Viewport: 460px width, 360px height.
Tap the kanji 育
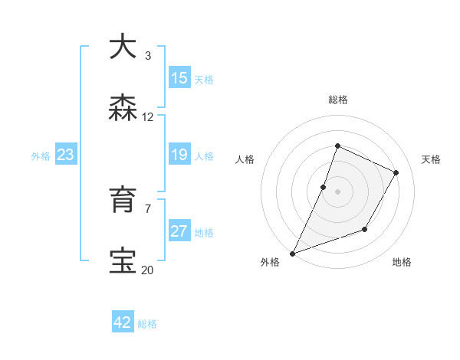(123, 199)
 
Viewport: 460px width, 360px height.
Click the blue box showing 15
(179, 78)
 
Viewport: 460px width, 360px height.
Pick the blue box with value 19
(179, 155)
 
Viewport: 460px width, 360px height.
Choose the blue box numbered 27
(179, 231)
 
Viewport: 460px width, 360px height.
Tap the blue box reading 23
(65, 155)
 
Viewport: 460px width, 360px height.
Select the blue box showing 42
(123, 322)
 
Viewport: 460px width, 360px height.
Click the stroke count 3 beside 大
(148, 56)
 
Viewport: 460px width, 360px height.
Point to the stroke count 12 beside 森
(148, 117)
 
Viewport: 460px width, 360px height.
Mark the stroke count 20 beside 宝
(148, 270)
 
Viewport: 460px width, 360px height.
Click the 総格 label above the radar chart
(337, 100)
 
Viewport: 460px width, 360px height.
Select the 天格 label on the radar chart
(431, 159)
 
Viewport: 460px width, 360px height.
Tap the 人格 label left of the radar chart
(245, 159)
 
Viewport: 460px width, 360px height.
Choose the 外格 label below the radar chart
(270, 263)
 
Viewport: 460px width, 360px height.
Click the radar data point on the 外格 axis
(292, 254)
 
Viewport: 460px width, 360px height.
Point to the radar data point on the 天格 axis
(396, 172)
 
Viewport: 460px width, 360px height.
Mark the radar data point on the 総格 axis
(337, 146)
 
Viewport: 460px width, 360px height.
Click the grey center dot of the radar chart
(337, 191)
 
